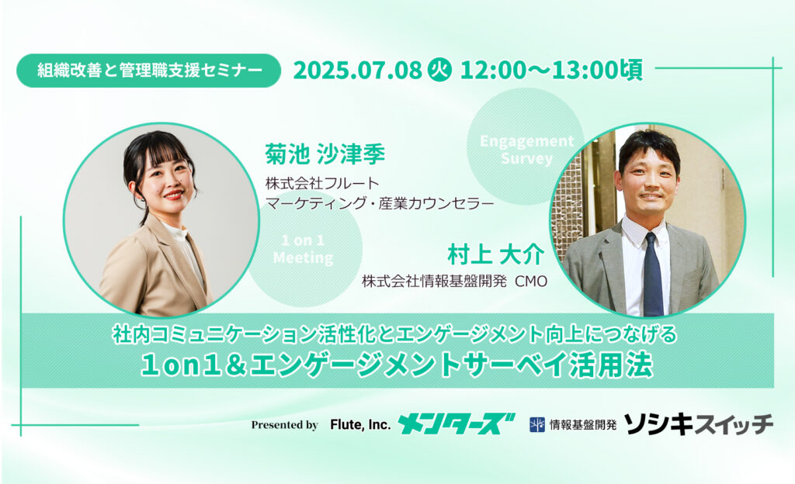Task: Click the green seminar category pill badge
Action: pyautogui.click(x=148, y=71)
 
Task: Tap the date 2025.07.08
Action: pyautogui.click(x=357, y=71)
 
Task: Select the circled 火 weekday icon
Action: pyautogui.click(x=440, y=71)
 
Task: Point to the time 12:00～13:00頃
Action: pyautogui.click(x=551, y=71)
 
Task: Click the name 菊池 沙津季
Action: pyautogui.click(x=325, y=154)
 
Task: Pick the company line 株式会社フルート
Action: pyautogui.click(x=322, y=183)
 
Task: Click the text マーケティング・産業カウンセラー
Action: pyautogui.click(x=380, y=203)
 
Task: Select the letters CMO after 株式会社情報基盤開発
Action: pyautogui.click(x=531, y=282)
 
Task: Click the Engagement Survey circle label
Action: pyautogui.click(x=526, y=150)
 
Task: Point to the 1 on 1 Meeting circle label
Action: pyautogui.click(x=303, y=249)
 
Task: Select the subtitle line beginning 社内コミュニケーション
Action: pyautogui.click(x=394, y=334)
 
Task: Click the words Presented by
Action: pyautogui.click(x=284, y=425)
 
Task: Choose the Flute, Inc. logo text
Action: pyautogui.click(x=360, y=425)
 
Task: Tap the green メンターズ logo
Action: pyautogui.click(x=456, y=424)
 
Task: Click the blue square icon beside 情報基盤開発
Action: pyautogui.click(x=537, y=425)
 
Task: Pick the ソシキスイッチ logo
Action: pyautogui.click(x=699, y=424)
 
